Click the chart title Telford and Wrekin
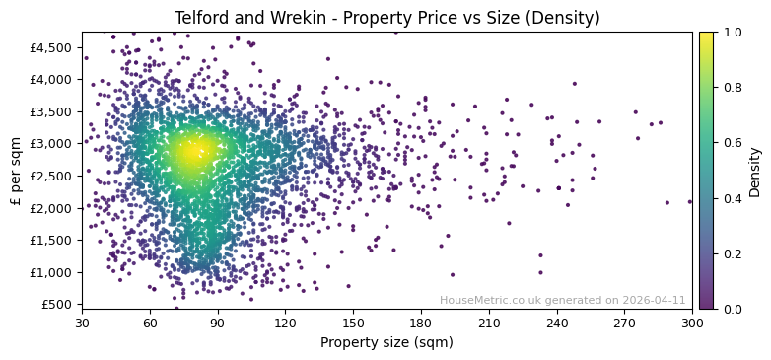pos(386,18)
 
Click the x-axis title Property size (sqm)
pos(386,343)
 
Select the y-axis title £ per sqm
pos(16,170)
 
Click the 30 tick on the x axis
pos(82,322)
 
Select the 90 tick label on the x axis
pos(218,322)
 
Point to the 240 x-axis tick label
pos(557,322)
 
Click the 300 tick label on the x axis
pos(692,322)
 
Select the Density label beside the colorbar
pos(755,170)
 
